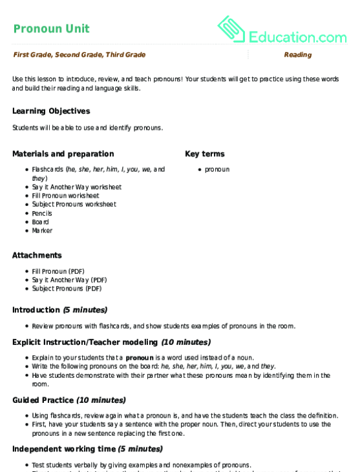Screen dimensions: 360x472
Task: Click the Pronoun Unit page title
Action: pyautogui.click(x=51, y=28)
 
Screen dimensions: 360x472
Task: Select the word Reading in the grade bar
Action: pyautogui.click(x=297, y=55)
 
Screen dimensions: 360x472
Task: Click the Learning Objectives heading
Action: pyautogui.click(x=51, y=111)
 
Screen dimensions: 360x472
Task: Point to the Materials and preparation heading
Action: pyautogui.click(x=63, y=154)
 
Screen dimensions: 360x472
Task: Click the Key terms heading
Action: pyautogui.click(x=205, y=154)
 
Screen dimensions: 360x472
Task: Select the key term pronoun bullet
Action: pyautogui.click(x=217, y=169)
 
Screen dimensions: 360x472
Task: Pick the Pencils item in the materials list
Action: pyautogui.click(x=42, y=213)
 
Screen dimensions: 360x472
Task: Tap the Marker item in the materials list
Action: pyautogui.click(x=42, y=231)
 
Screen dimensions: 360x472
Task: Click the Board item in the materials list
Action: pyautogui.click(x=40, y=222)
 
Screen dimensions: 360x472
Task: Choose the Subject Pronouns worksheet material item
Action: pyautogui.click(x=74, y=204)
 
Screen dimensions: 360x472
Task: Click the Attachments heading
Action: pyautogui.click(x=37, y=255)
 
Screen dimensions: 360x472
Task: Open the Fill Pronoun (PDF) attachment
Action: pyautogui.click(x=58, y=271)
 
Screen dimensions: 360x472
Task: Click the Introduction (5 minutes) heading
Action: pyautogui.click(x=60, y=310)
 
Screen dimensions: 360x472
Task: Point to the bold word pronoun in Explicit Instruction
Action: pyautogui.click(x=139, y=357)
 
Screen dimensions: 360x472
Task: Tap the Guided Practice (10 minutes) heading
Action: pyautogui.click(x=69, y=400)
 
